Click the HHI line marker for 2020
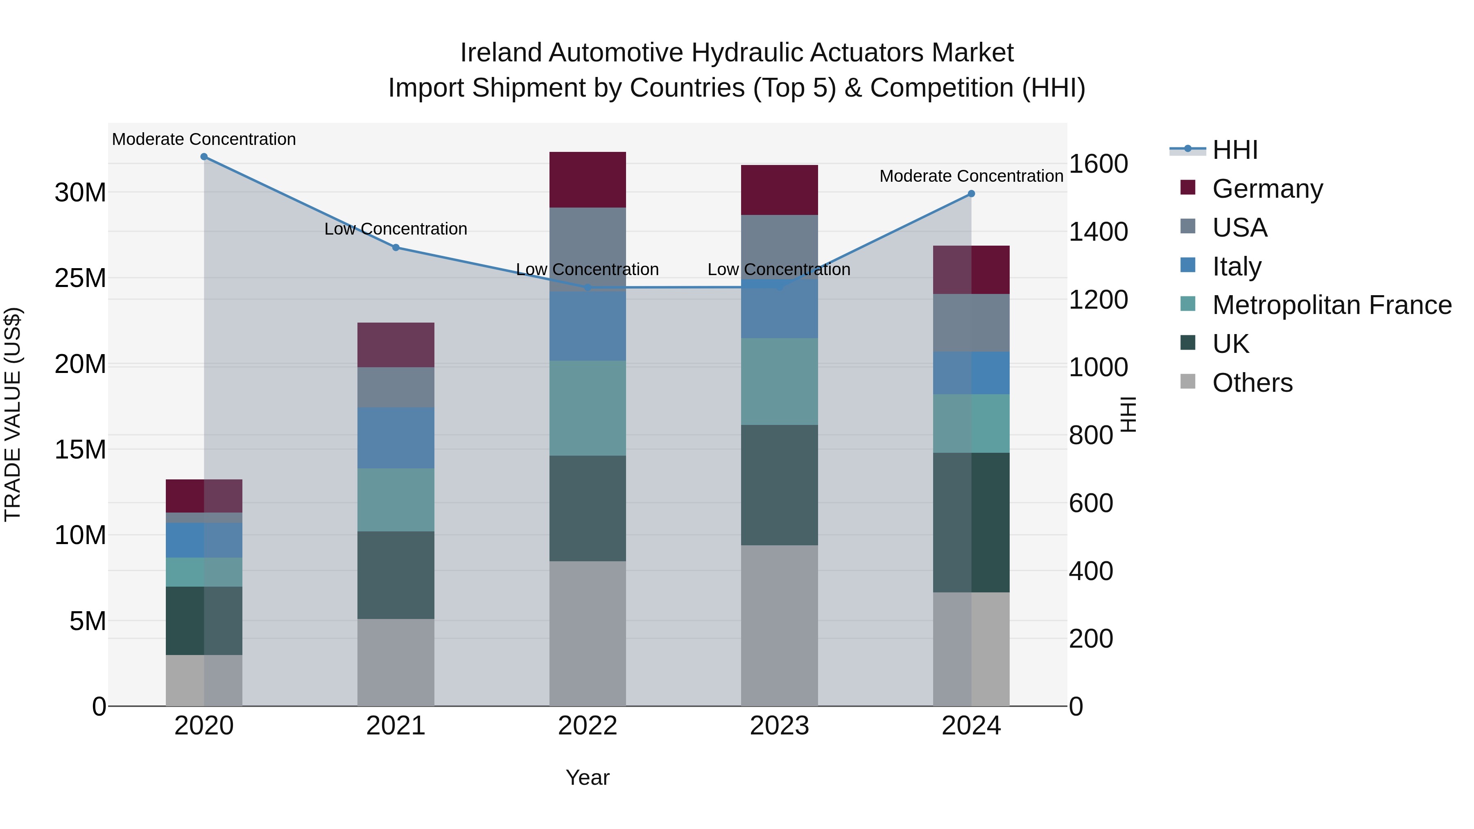[204, 157]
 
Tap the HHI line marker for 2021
[396, 248]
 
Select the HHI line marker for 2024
[971, 194]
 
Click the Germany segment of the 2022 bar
[587, 180]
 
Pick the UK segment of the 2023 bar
[779, 485]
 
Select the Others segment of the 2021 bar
[396, 662]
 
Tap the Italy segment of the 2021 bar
[396, 438]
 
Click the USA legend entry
[1239, 228]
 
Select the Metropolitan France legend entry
[1331, 305]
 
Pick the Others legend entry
[1252, 383]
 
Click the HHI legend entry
[1235, 150]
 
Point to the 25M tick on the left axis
[80, 278]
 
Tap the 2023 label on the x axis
[779, 726]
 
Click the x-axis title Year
[587, 777]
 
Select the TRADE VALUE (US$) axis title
[13, 414]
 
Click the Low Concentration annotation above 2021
[396, 229]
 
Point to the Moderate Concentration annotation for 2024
[971, 176]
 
